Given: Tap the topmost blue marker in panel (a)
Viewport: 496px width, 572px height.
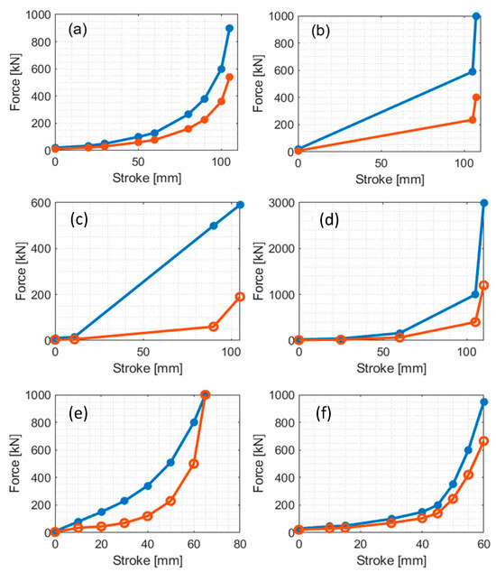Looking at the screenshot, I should pos(229,28).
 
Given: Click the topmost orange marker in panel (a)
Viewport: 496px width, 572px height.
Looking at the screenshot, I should pos(229,78).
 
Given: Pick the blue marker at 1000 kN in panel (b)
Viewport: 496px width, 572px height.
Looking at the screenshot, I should pos(476,16).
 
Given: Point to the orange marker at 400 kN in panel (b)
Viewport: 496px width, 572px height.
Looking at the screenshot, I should pos(476,97).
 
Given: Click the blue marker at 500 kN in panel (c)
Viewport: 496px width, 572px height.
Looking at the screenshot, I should pos(214,226).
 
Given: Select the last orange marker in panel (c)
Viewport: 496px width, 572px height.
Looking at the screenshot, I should pos(240,296).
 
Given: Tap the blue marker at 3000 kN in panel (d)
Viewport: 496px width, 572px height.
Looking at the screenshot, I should pos(483,203).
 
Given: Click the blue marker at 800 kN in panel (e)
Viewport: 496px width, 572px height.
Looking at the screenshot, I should pos(194,422).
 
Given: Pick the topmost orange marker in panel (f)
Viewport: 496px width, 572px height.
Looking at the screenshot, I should pos(483,441).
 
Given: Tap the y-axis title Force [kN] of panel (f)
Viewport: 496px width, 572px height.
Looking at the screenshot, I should pos(262,464).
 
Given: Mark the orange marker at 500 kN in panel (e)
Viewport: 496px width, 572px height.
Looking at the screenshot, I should pos(194,464).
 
